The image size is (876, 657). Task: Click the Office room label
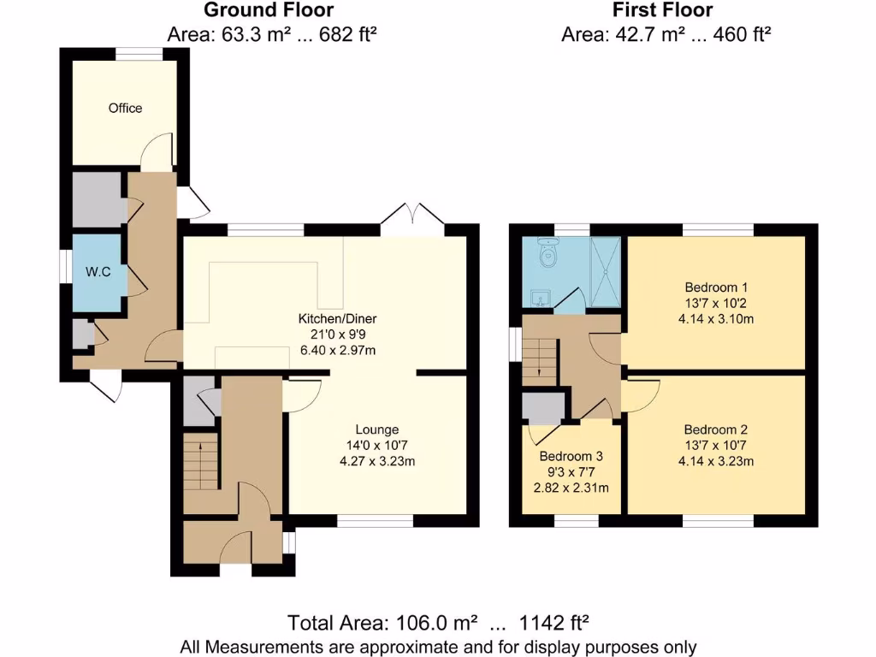click(x=125, y=109)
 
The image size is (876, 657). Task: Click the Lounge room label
click(x=377, y=429)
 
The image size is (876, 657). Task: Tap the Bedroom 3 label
click(x=570, y=455)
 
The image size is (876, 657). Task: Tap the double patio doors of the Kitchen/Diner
click(x=412, y=220)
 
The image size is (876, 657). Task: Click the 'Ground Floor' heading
click(x=269, y=10)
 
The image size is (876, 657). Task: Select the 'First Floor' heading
click(x=663, y=10)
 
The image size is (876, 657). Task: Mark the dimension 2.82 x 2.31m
click(x=570, y=488)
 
